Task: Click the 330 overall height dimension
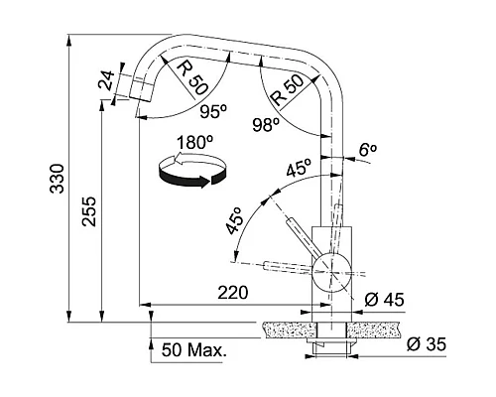(x=58, y=179)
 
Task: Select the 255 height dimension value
(x=89, y=211)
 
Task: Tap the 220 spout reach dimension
(x=233, y=293)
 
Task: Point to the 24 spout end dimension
(x=106, y=80)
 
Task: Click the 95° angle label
(x=213, y=111)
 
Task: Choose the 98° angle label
(x=266, y=125)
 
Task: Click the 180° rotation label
(x=194, y=143)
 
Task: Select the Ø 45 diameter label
(x=384, y=300)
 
